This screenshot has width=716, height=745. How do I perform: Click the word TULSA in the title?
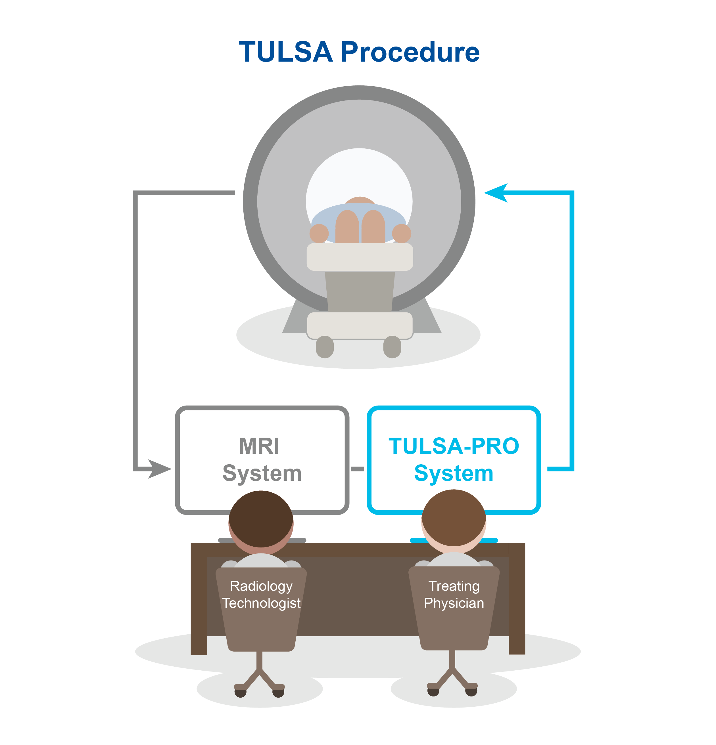click(x=286, y=52)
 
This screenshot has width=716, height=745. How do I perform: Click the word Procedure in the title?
click(x=410, y=52)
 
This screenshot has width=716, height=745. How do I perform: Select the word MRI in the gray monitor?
click(x=259, y=446)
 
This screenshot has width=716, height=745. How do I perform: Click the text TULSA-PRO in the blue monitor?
click(x=454, y=446)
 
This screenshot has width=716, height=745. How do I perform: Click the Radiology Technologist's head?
click(x=261, y=522)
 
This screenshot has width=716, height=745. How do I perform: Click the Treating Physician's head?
click(x=454, y=521)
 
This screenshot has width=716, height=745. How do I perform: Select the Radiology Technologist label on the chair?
click(x=261, y=595)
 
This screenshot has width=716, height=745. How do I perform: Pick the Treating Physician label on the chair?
click(x=454, y=595)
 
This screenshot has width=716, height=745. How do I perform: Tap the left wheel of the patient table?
click(x=325, y=347)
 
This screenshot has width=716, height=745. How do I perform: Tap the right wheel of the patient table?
click(x=392, y=347)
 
